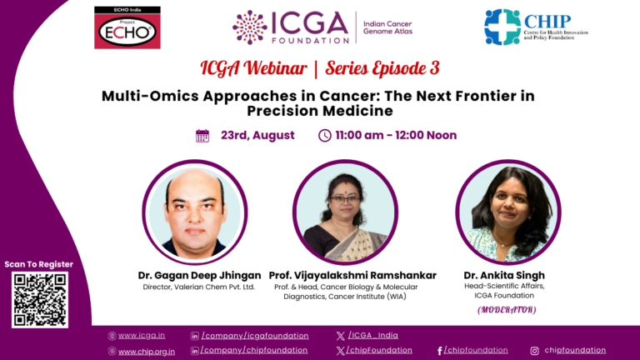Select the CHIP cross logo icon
pyautogui.click(x=502, y=27)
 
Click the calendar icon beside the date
pyautogui.click(x=202, y=136)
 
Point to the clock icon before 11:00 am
pyautogui.click(x=325, y=136)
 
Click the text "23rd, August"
pyautogui.click(x=257, y=136)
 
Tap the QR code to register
pyautogui.click(x=39, y=299)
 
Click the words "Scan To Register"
pyautogui.click(x=39, y=264)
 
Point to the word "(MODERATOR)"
pyautogui.click(x=507, y=310)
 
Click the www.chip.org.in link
pyautogui.click(x=147, y=351)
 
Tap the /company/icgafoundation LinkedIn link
pyautogui.click(x=255, y=336)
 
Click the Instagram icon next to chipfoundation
pyautogui.click(x=535, y=351)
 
